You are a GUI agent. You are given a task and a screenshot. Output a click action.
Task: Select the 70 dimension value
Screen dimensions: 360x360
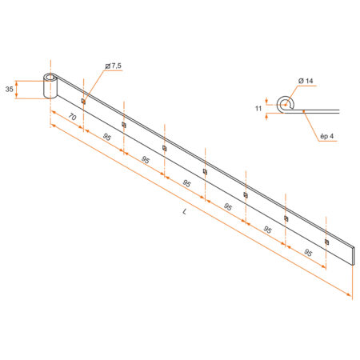point(71,117)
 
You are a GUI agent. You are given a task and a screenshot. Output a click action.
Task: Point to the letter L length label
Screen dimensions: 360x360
point(185,211)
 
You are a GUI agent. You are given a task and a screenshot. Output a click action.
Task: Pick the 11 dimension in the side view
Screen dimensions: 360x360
point(259,106)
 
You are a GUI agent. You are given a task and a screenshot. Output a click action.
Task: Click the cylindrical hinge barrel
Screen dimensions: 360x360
point(50,87)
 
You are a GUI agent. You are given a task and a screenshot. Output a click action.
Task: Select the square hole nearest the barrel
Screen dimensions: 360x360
point(83,101)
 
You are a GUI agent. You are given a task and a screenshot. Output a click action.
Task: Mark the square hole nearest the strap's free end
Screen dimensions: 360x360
point(326,241)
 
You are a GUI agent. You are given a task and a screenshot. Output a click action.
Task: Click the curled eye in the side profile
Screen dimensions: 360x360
point(284,102)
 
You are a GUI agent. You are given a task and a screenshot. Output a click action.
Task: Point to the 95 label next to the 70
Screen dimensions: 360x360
point(106,138)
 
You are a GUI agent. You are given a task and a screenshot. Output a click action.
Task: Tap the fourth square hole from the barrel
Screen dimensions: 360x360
point(205,171)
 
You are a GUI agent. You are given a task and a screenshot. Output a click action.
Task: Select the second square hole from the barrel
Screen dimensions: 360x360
point(123,124)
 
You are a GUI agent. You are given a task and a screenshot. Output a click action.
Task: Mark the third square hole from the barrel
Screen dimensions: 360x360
point(164,147)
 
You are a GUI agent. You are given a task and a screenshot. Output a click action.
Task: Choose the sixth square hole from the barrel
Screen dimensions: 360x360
point(286,218)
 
